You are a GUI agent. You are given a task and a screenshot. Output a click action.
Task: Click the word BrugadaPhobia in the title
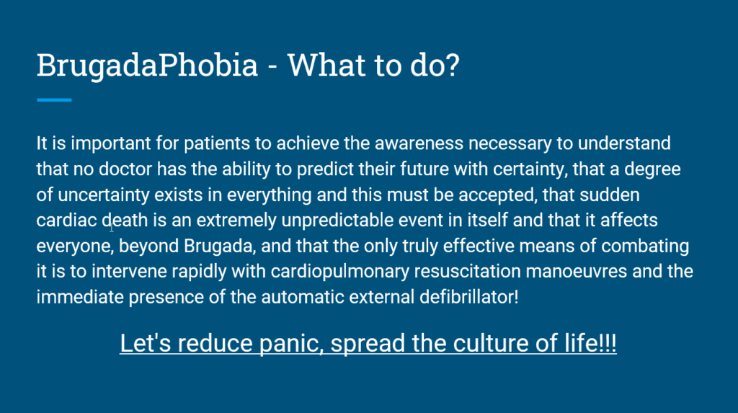click(147, 66)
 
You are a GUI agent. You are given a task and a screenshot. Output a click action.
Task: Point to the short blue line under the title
click(54, 100)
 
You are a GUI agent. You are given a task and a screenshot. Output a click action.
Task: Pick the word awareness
click(419, 143)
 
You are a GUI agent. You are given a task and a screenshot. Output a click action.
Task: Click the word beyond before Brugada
click(148, 246)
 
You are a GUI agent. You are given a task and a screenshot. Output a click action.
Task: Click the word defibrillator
click(468, 297)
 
